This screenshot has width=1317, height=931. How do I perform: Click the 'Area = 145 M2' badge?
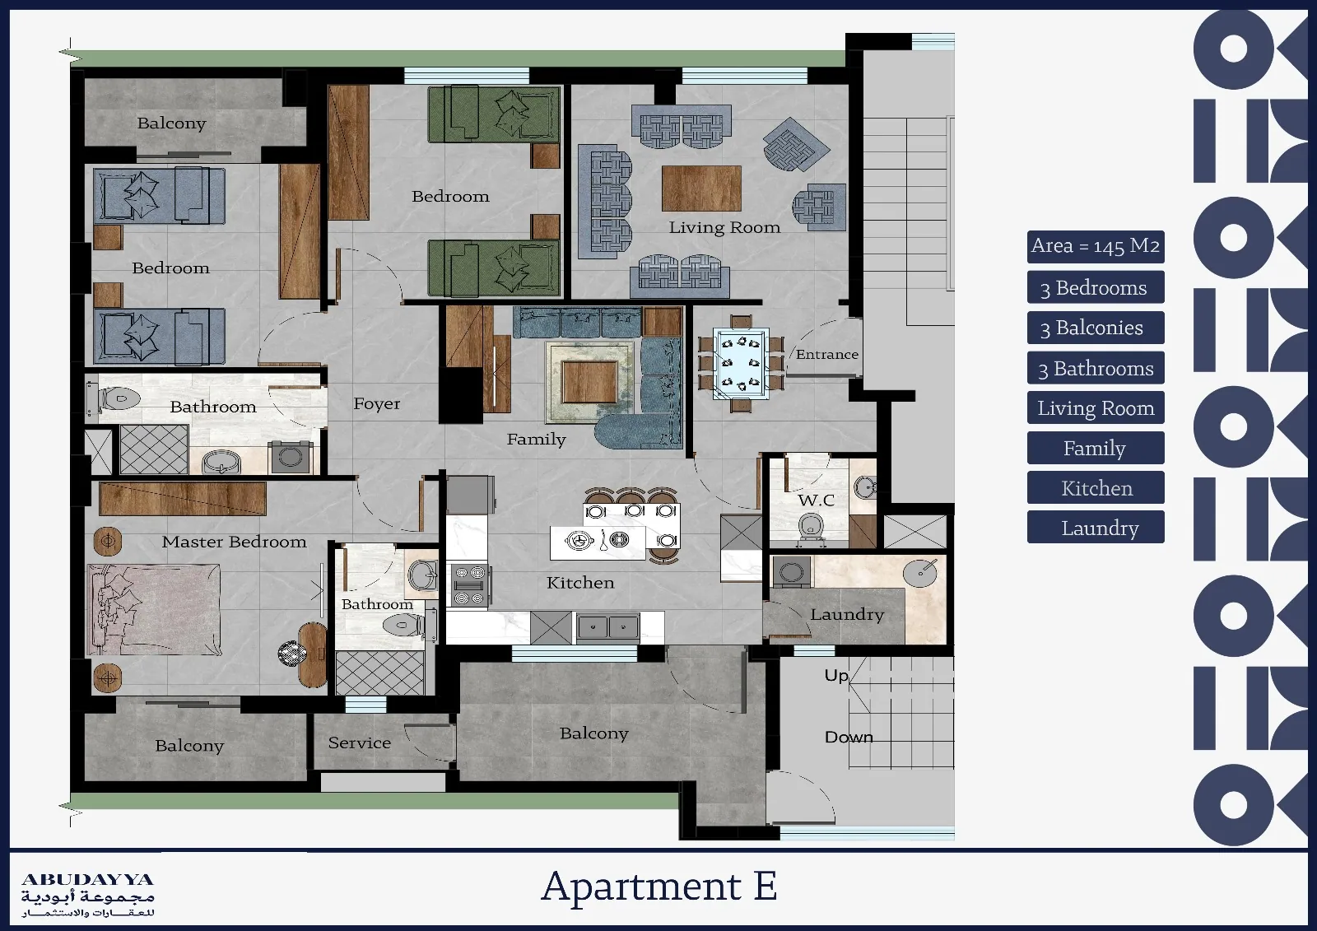tap(1096, 246)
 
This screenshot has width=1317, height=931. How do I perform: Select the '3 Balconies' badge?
tap(1096, 328)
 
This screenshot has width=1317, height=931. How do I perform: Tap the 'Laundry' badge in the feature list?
tap(1096, 527)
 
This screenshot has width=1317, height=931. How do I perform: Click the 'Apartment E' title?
tap(659, 887)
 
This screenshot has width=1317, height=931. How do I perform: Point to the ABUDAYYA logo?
tap(88, 895)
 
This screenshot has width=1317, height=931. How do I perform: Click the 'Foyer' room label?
tap(376, 403)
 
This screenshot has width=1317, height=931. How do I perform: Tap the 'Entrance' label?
tap(826, 354)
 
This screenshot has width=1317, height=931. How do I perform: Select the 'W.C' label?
tap(816, 500)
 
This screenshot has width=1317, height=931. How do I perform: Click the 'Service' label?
tap(359, 742)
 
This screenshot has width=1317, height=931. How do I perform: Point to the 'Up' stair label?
tap(836, 675)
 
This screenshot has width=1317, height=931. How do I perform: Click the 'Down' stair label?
tap(849, 737)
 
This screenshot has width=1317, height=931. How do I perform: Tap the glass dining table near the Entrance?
tap(741, 364)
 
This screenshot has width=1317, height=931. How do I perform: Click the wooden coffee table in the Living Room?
tap(701, 189)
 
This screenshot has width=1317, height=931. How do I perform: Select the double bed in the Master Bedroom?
tap(154, 610)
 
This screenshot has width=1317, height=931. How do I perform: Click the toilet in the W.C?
tap(811, 525)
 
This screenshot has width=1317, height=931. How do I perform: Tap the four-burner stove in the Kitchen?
tap(470, 585)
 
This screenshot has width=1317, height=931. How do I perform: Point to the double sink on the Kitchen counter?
tap(608, 627)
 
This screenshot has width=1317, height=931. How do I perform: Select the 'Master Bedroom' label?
tap(234, 542)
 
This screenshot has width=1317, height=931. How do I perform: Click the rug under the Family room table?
tap(589, 382)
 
